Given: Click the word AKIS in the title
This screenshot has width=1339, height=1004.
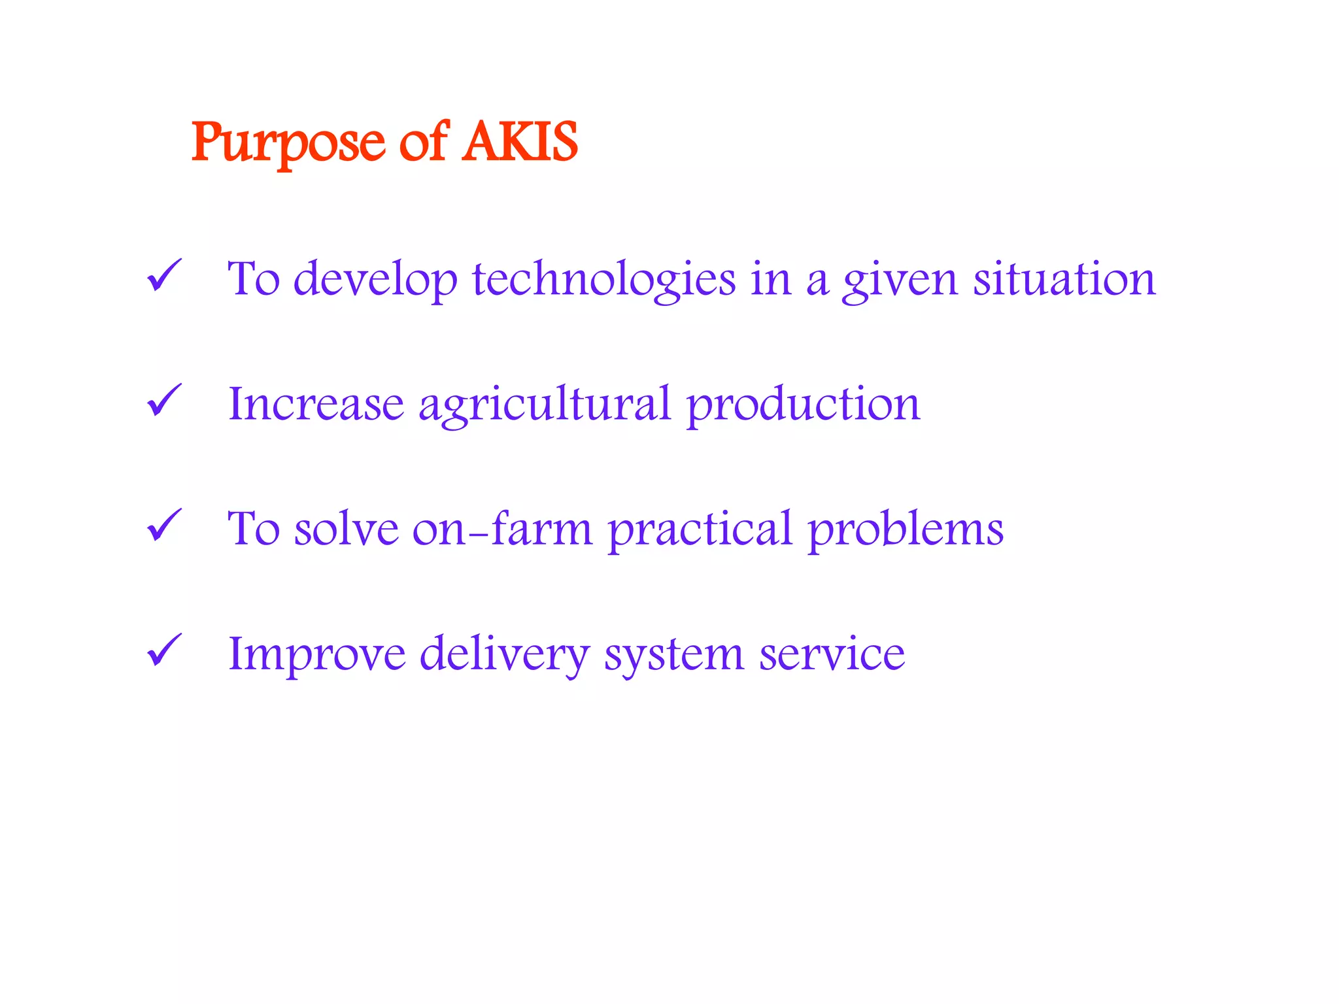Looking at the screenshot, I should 520,142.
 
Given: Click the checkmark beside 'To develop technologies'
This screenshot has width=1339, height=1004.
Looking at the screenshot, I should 163,275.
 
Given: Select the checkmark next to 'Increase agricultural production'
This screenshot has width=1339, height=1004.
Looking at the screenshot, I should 163,400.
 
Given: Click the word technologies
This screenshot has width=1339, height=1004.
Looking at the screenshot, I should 604,280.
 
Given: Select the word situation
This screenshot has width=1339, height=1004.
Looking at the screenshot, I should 1064,279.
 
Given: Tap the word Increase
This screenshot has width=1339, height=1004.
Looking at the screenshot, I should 316,405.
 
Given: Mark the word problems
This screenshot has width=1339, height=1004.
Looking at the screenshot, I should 906,530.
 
